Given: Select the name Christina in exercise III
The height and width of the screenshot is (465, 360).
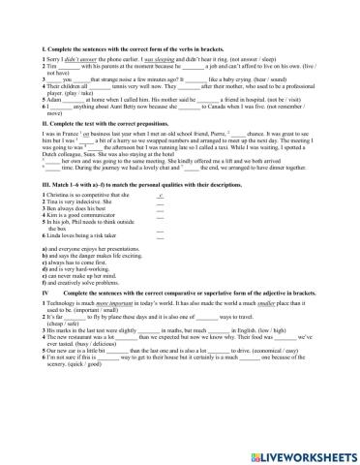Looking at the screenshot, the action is [x=45, y=221].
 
